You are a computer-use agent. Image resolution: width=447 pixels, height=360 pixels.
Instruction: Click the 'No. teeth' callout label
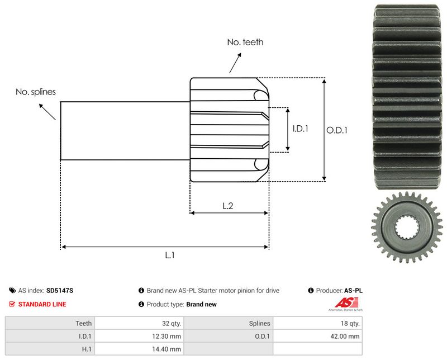pyautogui.click(x=245, y=42)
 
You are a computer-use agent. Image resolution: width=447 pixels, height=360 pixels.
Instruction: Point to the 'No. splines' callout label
pyautogui.click(x=36, y=92)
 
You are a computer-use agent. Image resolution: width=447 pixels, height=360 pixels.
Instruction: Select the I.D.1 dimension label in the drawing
pyautogui.click(x=301, y=129)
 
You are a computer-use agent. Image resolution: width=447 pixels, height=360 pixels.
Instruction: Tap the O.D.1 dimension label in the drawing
pyautogui.click(x=337, y=130)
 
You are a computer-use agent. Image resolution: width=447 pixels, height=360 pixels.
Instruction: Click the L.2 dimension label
pyautogui.click(x=228, y=206)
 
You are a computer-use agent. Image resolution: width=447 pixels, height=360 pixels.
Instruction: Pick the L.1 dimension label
pyautogui.click(x=170, y=255)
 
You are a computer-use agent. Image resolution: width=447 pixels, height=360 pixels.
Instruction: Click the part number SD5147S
pyautogui.click(x=60, y=291)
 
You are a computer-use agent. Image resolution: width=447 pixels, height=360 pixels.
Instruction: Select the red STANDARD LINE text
pyautogui.click(x=42, y=304)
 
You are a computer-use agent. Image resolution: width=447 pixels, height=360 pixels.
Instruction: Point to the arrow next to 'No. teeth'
pyautogui.click(x=235, y=63)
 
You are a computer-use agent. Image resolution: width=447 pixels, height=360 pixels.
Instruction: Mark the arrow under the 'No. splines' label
pyautogui.click(x=47, y=111)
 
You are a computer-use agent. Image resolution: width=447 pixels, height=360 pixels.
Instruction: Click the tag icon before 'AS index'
pyautogui.click(x=12, y=291)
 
